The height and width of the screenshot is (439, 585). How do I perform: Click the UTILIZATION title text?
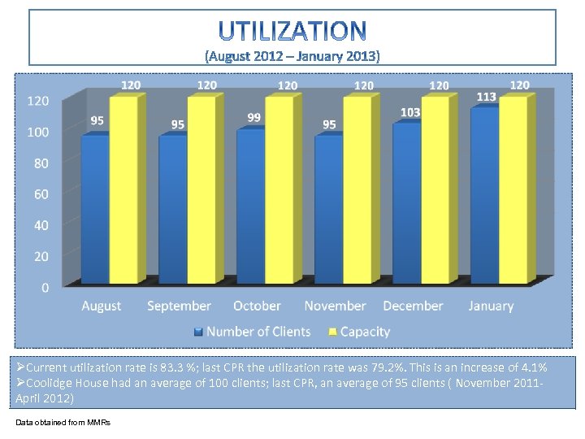click(292, 31)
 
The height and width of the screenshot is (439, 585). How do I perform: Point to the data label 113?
click(486, 97)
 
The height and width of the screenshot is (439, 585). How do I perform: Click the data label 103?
click(410, 111)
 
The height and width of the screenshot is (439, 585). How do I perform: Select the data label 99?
click(254, 117)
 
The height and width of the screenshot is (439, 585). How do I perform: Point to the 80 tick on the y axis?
click(40, 163)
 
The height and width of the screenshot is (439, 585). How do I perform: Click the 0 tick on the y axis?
click(44, 287)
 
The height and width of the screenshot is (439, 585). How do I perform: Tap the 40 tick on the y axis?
click(40, 225)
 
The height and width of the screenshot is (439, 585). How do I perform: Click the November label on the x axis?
click(335, 306)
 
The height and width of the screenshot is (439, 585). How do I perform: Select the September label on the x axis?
click(179, 306)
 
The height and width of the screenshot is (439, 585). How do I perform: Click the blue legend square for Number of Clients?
click(198, 332)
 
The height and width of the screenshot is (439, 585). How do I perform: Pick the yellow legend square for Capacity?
click(331, 332)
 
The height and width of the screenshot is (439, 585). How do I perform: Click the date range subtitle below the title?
click(292, 56)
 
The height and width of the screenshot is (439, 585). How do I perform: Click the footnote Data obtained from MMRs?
click(63, 422)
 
